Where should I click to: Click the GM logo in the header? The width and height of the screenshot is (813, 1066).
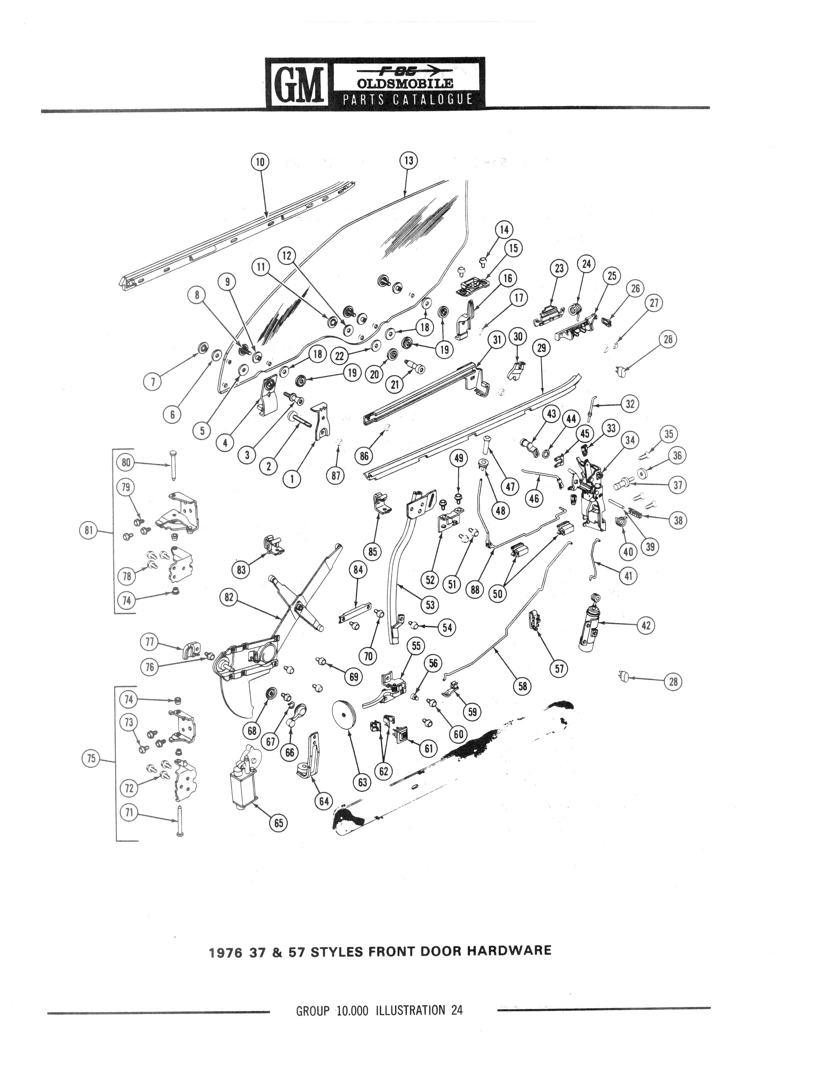coord(297,83)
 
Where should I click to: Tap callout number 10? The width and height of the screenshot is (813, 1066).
coord(260,162)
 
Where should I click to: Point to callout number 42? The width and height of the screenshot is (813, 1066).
coord(645,625)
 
